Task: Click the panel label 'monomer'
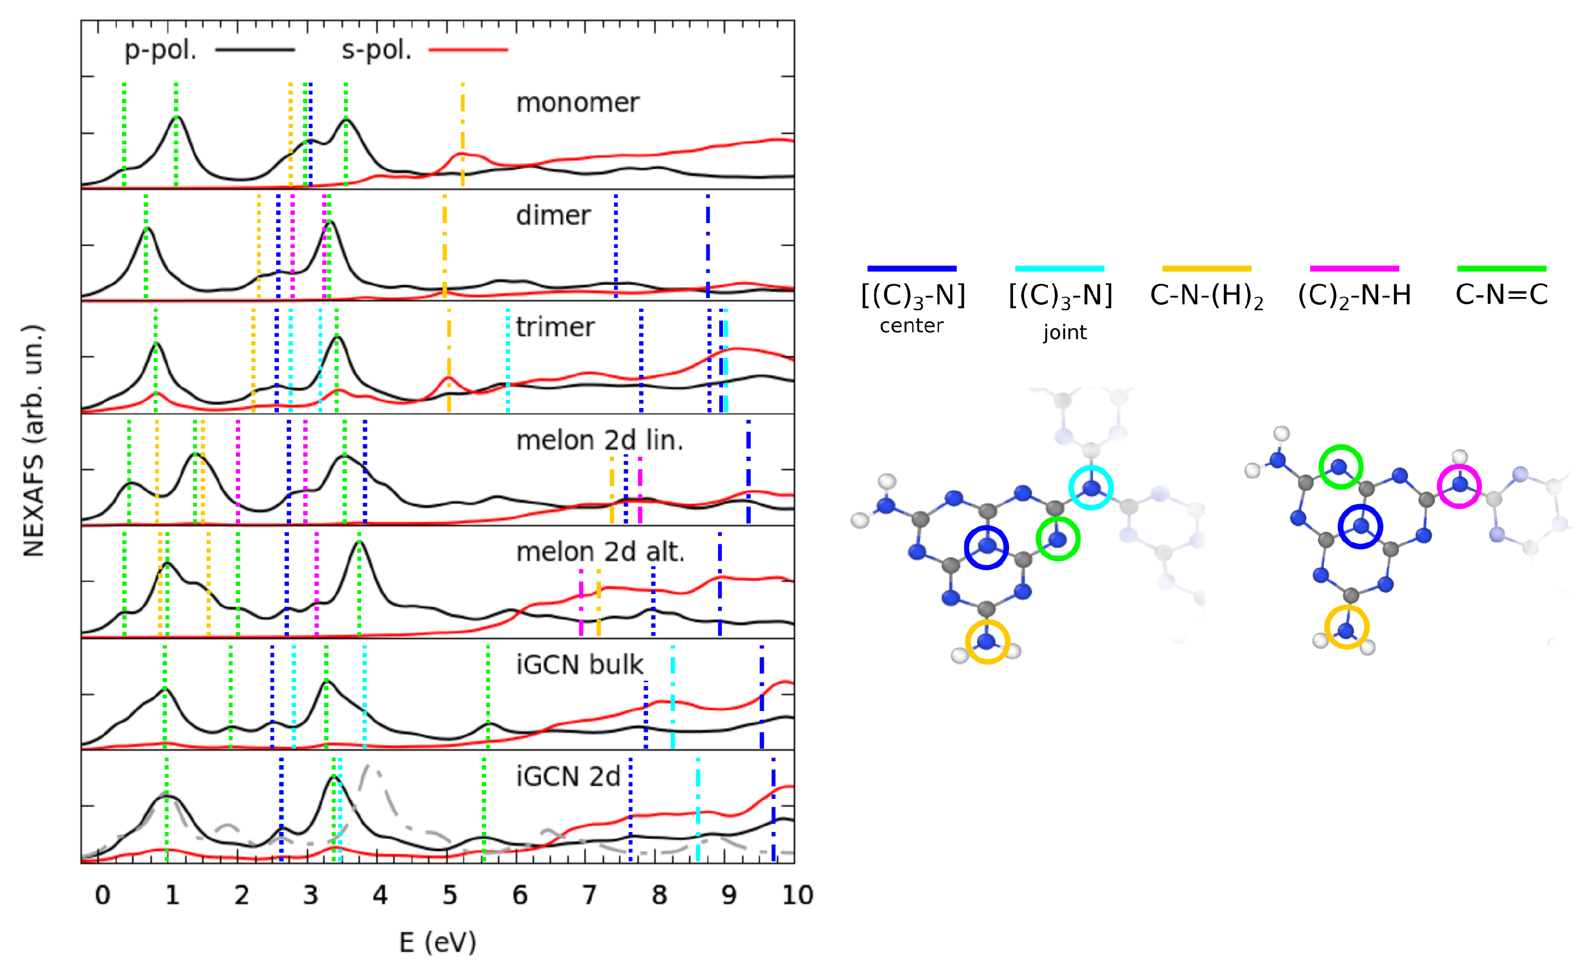pos(577,103)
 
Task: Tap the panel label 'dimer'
pos(553,215)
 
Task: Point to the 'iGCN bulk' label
pos(579,665)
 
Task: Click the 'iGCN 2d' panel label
pos(568,777)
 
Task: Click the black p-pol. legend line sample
pos(255,50)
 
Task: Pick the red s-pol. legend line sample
pos(468,50)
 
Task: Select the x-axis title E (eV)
pos(437,942)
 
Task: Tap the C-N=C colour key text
pos(1501,295)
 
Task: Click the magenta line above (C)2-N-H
pos(1354,268)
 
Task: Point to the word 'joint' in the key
pos(1065,332)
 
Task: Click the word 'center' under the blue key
pos(911,326)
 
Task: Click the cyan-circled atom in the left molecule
pos(1091,488)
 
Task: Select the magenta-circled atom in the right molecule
pos(1459,485)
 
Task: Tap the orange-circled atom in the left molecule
pos(986,642)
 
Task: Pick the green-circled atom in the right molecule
pos(1340,466)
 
